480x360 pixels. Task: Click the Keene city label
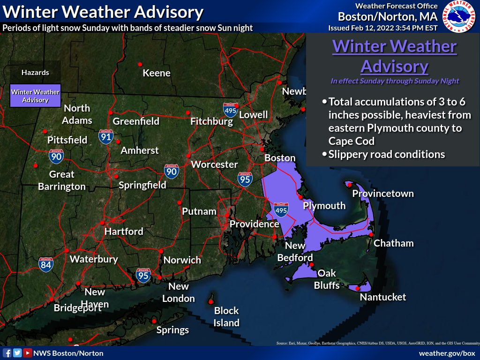tap(157, 73)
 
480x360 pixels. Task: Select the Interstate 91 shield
tap(105, 136)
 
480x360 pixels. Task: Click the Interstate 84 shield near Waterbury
tap(46, 264)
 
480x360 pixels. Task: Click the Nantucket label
tap(382, 297)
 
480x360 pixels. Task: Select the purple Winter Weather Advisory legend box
tap(36, 96)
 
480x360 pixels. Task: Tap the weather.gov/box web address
tap(447, 353)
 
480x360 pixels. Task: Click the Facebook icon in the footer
tap(7, 353)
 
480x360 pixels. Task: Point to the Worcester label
tap(214, 165)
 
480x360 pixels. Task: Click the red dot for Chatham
tap(371, 234)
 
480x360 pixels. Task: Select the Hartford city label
tap(124, 232)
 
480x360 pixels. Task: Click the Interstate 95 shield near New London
tap(143, 275)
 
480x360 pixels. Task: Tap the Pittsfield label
tap(67, 140)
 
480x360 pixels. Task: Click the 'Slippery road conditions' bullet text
tap(387, 154)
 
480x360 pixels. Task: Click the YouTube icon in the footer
tap(28, 353)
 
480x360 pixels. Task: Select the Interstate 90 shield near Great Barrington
tap(56, 157)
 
